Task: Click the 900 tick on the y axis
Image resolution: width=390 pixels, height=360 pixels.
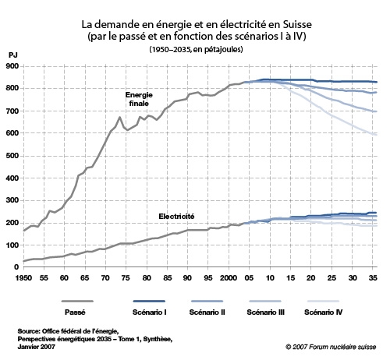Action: (x=12, y=66)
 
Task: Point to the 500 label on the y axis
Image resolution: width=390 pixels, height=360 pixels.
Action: (x=12, y=156)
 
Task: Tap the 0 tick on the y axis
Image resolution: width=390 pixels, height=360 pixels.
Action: (x=16, y=266)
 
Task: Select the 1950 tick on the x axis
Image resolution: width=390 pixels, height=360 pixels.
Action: (x=23, y=278)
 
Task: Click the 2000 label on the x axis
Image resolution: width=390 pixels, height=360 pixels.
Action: (x=229, y=278)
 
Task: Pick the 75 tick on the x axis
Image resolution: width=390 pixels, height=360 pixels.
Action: (x=126, y=278)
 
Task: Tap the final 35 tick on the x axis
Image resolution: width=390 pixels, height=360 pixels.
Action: (x=373, y=278)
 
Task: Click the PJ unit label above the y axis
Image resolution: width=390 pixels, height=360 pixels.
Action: (x=12, y=55)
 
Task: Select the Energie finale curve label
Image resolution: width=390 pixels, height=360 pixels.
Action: (x=139, y=99)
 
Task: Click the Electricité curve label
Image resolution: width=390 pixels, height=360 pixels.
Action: (x=176, y=217)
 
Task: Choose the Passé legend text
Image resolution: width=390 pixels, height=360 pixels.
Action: (x=75, y=312)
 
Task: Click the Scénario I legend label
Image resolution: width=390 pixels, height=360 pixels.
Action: (x=150, y=312)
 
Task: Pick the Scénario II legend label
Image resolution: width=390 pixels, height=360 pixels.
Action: (x=207, y=312)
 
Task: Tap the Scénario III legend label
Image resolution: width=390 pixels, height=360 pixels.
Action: (x=266, y=312)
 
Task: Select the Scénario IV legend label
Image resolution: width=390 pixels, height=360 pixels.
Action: (x=324, y=312)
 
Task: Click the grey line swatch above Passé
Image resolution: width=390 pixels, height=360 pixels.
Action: (x=77, y=301)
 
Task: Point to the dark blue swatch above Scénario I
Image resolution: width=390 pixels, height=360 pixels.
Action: (x=149, y=301)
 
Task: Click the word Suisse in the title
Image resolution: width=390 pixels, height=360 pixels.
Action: (x=297, y=24)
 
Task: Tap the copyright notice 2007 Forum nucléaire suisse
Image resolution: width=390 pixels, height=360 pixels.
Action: (x=331, y=347)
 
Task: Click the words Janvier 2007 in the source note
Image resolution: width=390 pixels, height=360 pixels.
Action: (x=37, y=347)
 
